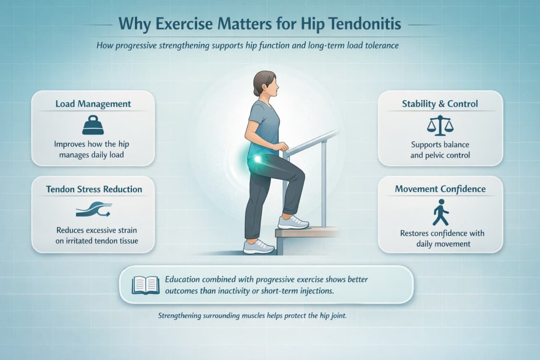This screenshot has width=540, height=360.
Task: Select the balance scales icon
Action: [x=440, y=125]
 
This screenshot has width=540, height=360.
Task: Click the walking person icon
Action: [x=440, y=215]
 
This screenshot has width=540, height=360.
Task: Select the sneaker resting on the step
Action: [x=293, y=222]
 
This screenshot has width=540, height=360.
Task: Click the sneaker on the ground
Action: [x=258, y=247]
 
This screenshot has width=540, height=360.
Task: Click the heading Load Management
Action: [x=93, y=104]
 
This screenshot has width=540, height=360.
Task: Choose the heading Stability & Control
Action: [x=440, y=104]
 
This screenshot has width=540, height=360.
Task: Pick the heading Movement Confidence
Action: [x=440, y=189]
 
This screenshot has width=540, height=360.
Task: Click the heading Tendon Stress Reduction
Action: [x=93, y=189]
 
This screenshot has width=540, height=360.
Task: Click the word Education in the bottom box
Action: [x=186, y=279]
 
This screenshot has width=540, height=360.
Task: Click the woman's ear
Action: [x=266, y=88]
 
